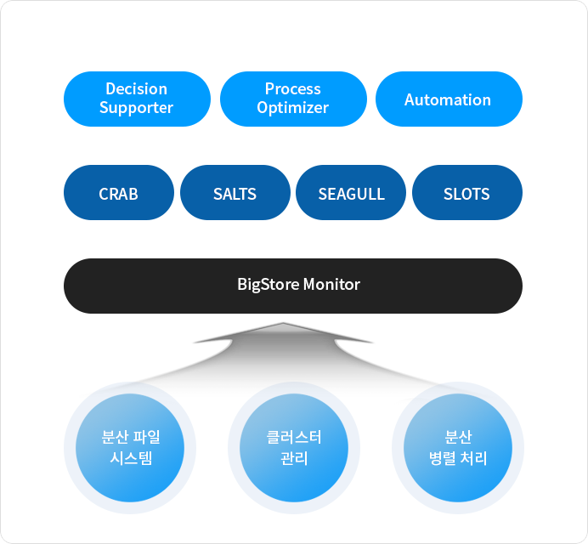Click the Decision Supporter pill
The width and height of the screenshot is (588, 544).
click(x=137, y=99)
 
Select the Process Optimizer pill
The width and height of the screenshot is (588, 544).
click(x=293, y=99)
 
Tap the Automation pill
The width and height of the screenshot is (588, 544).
click(x=449, y=99)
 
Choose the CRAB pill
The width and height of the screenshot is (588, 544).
click(x=119, y=192)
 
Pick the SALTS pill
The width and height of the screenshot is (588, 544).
click(x=235, y=192)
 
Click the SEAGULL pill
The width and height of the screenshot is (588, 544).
click(x=351, y=192)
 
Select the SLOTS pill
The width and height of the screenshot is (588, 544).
click(x=467, y=192)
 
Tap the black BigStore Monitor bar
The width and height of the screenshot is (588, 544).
click(x=293, y=286)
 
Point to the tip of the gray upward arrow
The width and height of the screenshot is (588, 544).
click(x=283, y=323)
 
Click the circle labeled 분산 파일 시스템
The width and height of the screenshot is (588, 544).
click(x=130, y=448)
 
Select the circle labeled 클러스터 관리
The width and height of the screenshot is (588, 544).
click(x=294, y=448)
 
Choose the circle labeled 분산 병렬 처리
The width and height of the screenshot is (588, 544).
click(x=458, y=448)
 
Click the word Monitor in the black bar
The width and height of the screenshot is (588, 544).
click(x=331, y=285)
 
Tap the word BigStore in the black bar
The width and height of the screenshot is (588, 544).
click(x=269, y=285)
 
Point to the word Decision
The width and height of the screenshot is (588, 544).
click(x=137, y=89)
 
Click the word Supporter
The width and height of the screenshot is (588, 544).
click(x=137, y=108)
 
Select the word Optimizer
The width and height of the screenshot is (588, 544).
click(x=293, y=108)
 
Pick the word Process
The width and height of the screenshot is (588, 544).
click(x=293, y=89)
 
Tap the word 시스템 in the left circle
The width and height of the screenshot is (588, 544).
click(x=131, y=458)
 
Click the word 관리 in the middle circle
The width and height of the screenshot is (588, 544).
click(x=294, y=458)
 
